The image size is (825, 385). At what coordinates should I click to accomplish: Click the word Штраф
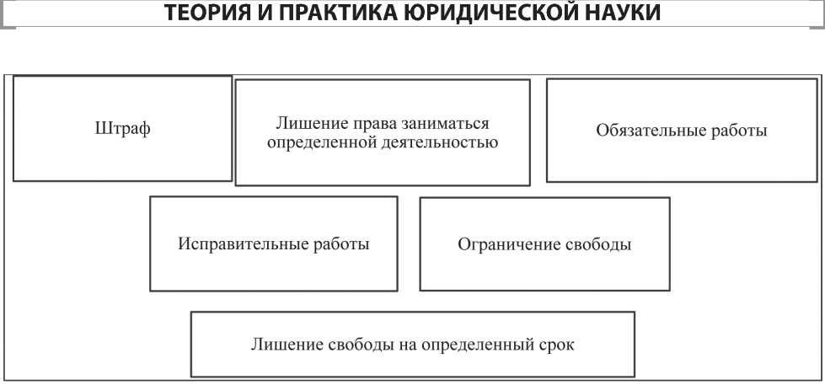pos(122,129)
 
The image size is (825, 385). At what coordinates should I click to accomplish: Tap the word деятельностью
pos(437,143)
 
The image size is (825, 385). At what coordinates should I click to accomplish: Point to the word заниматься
pos(445,124)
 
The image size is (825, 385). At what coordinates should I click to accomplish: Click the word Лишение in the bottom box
pos(288,345)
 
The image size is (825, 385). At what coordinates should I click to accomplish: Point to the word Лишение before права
pos(310,124)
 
